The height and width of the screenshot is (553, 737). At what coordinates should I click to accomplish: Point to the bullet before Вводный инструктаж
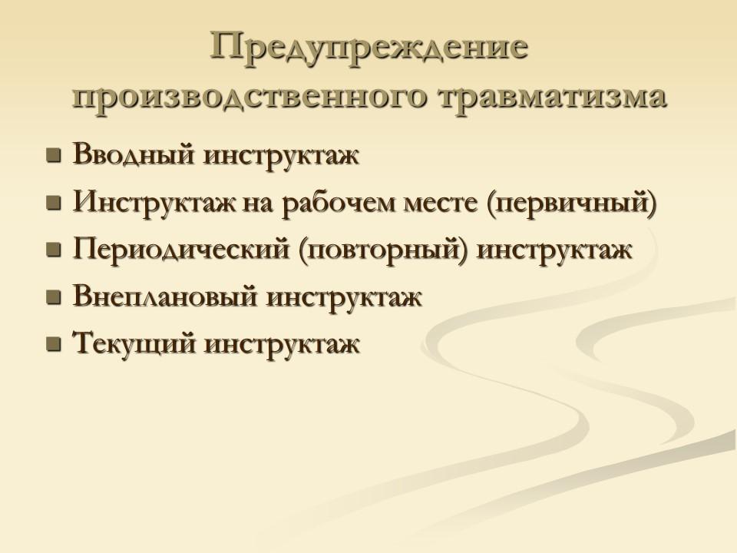[x=54, y=157]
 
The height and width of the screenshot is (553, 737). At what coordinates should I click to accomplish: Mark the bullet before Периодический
[x=54, y=250]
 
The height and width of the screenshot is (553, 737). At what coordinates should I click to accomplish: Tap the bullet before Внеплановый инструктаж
[x=54, y=298]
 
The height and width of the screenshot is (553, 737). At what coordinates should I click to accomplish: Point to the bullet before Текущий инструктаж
[x=54, y=345]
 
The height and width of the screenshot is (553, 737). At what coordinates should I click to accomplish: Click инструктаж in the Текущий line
[x=282, y=344]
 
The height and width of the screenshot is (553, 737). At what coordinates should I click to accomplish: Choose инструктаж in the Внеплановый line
[x=345, y=297]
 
